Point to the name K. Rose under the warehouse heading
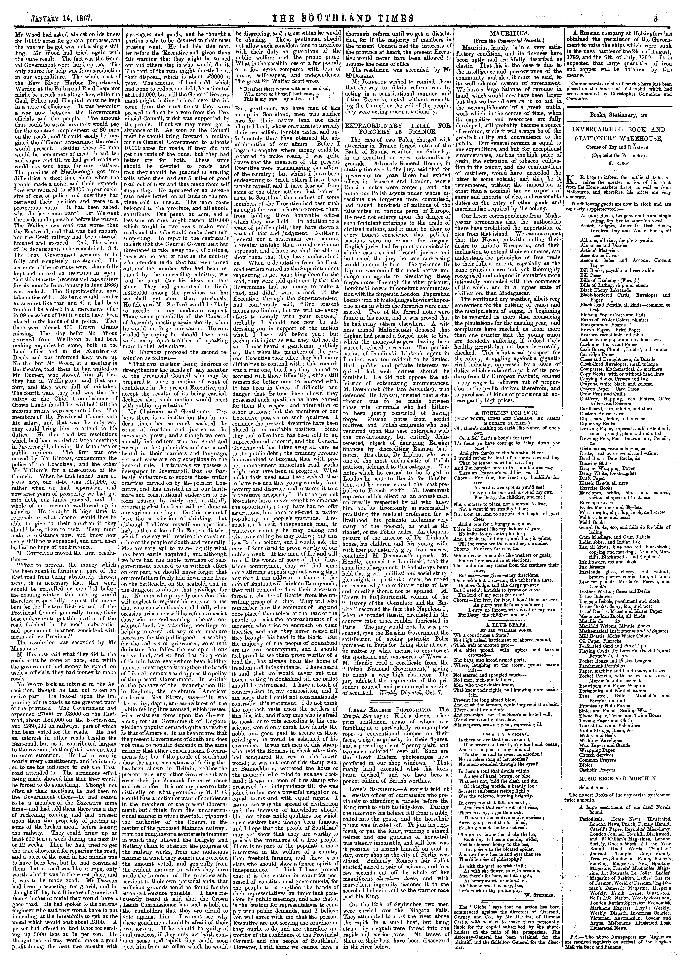tap(623, 160)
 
